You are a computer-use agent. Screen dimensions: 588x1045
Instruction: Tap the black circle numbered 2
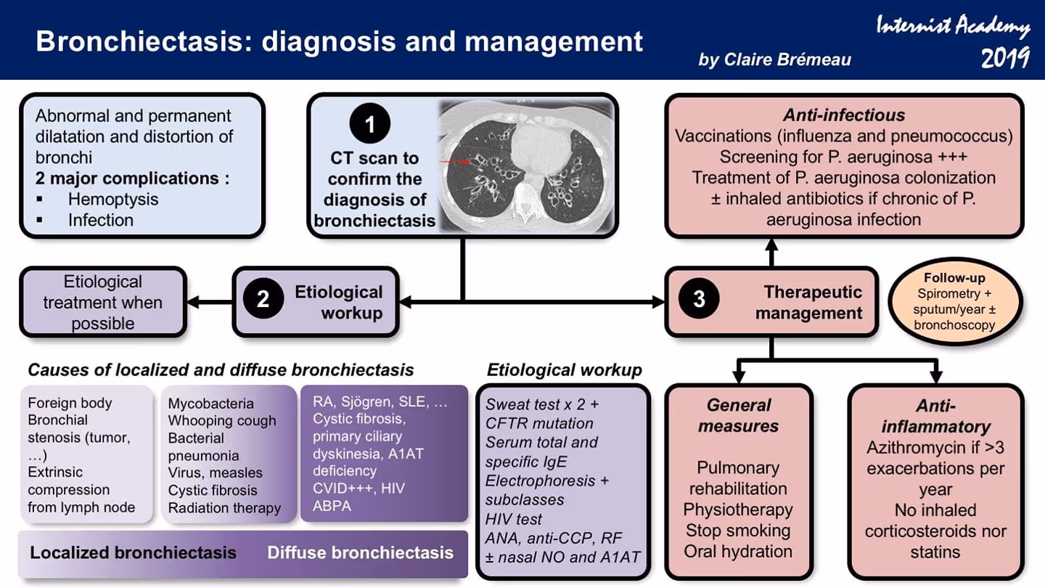click(263, 300)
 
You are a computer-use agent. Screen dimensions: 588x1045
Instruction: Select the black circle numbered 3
click(699, 300)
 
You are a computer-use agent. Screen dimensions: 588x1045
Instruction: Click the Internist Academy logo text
click(954, 28)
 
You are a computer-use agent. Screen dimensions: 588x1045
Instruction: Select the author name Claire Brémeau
click(774, 60)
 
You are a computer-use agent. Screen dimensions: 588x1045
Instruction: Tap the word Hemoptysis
click(113, 199)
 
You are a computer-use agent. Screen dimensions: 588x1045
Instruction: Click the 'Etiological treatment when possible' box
click(103, 302)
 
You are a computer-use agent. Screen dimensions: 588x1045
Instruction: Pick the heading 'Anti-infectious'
click(844, 115)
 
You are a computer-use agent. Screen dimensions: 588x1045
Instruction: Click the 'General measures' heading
click(738, 415)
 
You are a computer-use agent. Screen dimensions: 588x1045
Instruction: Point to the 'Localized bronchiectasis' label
click(133, 552)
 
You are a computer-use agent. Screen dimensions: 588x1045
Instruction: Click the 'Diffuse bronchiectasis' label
click(360, 552)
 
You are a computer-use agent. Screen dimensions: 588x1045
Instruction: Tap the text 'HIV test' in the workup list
click(514, 519)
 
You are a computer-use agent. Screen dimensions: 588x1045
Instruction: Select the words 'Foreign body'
click(70, 403)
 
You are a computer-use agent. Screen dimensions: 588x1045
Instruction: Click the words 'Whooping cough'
click(222, 421)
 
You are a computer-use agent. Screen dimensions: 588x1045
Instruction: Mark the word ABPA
click(332, 506)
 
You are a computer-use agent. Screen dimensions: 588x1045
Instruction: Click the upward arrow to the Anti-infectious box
click(771, 251)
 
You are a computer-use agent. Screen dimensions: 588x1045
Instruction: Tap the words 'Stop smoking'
click(738, 531)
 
